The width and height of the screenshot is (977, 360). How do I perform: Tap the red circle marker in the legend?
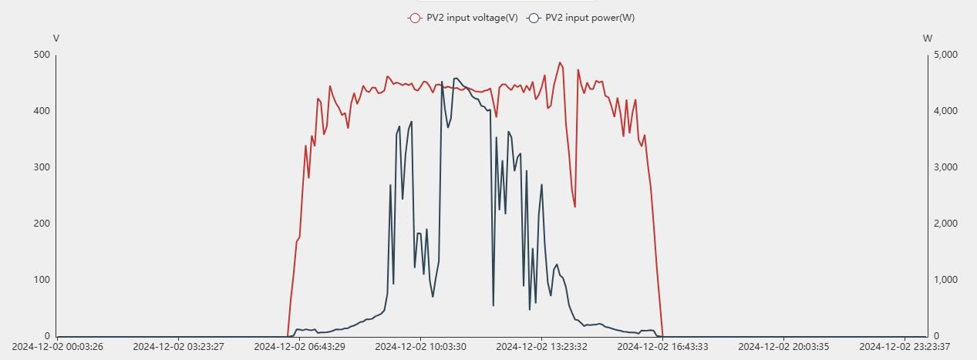pos(415,18)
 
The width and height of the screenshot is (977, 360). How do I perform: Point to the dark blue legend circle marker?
pos(533,18)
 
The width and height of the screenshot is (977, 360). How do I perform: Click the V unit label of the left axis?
pos(56,38)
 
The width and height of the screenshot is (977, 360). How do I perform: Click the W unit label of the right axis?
pos(927,38)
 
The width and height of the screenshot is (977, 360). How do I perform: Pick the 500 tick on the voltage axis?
pos(42,55)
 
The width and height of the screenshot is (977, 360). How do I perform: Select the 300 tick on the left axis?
pos(42,167)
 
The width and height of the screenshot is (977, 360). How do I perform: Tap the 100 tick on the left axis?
pos(42,280)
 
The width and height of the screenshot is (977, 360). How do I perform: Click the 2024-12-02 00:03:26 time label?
pos(58,347)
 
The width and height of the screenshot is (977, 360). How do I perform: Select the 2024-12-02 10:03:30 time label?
pos(420,347)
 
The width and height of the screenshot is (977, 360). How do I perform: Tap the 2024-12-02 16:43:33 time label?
pos(663,347)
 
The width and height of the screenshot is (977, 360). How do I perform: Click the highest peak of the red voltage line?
pos(560,62)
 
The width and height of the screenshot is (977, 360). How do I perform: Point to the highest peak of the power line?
pos(456,78)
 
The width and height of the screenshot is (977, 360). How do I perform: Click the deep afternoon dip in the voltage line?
pos(574,207)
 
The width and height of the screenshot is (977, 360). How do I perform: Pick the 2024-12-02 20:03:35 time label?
pos(784,347)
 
